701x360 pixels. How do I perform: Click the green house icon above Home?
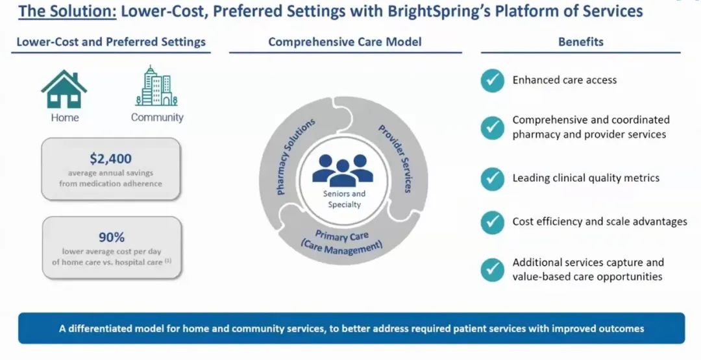64,89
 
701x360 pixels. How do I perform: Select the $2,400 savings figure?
111,158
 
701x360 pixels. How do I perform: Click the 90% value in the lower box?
111,237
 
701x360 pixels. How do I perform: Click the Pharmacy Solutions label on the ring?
295,156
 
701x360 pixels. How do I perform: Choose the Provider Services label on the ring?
395,158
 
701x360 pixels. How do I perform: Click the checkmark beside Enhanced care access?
493,80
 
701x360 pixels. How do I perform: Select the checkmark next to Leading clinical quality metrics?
493,178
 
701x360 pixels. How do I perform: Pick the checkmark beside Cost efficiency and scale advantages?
493,222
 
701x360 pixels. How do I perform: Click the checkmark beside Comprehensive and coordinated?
493,128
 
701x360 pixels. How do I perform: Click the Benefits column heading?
580,42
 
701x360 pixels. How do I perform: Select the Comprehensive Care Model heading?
345,42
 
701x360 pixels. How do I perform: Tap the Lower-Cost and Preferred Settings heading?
111,42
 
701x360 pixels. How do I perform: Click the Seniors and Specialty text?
344,199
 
